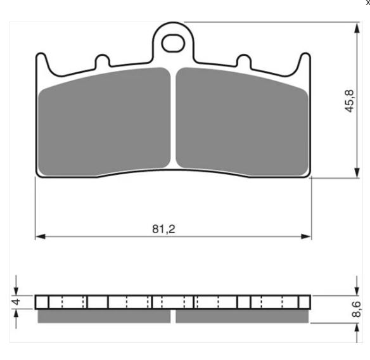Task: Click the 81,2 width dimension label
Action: [163, 229]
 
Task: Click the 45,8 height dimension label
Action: [349, 101]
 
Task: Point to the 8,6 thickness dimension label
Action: [356, 309]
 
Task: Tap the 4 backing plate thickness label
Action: [16, 302]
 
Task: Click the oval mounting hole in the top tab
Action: [173, 44]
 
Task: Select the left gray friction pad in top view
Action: [104, 122]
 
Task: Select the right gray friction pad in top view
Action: [242, 122]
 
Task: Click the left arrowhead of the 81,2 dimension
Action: [40, 236]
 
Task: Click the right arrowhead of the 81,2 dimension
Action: [306, 236]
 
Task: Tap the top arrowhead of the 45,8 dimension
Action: [357, 28]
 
